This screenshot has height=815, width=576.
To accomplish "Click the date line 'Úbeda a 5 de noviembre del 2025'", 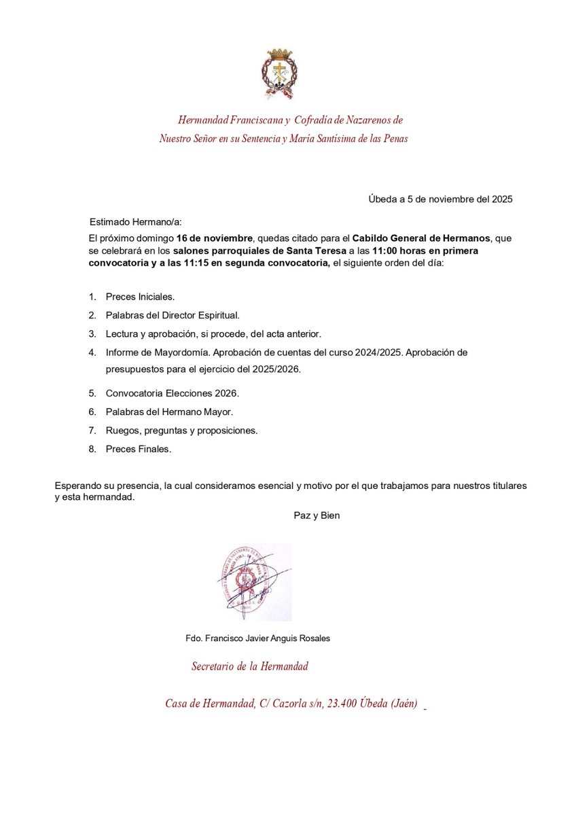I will click(x=440, y=199).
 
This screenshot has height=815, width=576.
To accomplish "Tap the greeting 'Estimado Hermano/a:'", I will click(x=136, y=221).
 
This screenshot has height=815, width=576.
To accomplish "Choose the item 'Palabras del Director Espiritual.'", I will click(x=173, y=315).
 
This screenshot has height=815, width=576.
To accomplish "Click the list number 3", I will click(x=92, y=333).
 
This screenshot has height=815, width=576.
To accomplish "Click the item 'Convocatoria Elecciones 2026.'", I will click(x=173, y=393).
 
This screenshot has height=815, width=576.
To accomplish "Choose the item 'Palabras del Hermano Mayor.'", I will click(x=169, y=412).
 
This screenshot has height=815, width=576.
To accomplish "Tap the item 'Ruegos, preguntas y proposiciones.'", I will click(x=181, y=431).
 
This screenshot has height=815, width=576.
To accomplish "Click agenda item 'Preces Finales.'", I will click(x=139, y=449).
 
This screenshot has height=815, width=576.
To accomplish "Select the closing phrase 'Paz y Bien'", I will click(x=317, y=515).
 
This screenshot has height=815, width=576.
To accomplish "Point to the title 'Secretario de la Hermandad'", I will click(x=249, y=666).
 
